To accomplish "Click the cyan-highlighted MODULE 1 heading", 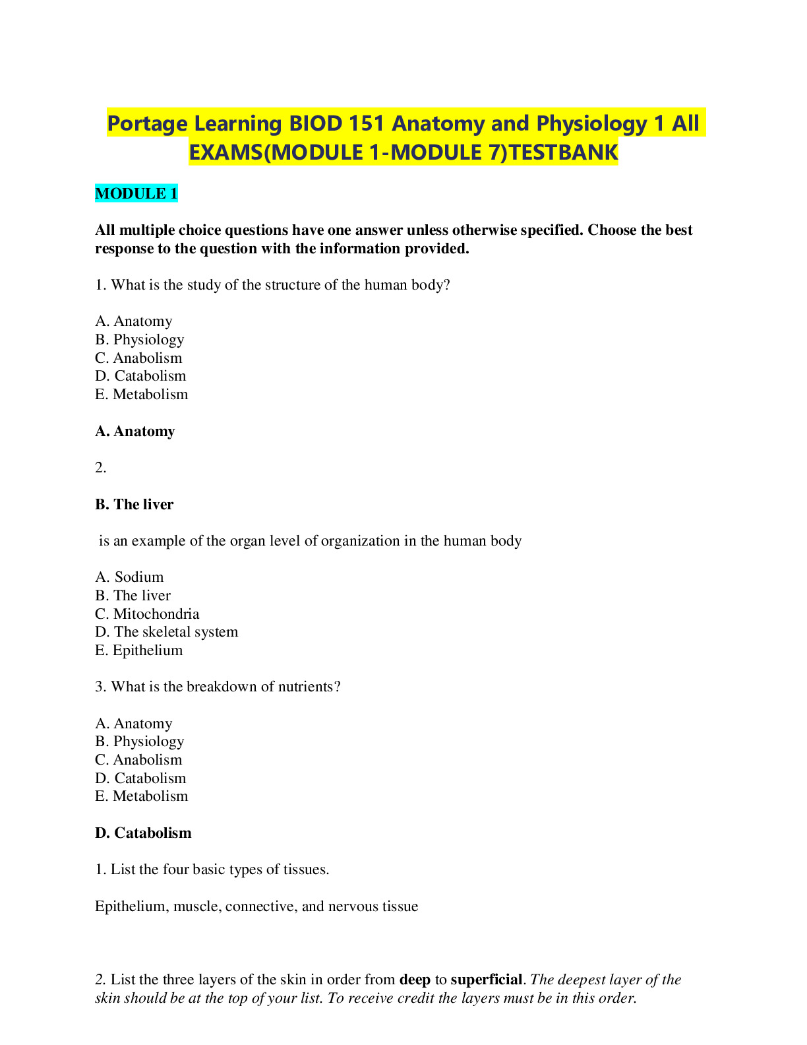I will tap(136, 194).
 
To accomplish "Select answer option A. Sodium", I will tap(129, 577).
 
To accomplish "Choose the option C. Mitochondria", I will tap(147, 614).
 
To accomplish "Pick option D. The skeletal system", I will tap(166, 632).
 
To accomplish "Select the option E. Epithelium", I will tap(138, 650).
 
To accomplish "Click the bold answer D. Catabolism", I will tap(143, 833).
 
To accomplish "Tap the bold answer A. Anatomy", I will tap(135, 431).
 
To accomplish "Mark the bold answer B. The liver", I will tap(134, 505).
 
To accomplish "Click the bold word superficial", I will tap(486, 980).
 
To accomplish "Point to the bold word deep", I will tap(415, 980).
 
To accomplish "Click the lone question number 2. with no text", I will tap(100, 468).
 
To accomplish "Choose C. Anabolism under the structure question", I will tap(138, 358).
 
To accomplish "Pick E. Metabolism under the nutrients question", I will tap(141, 796).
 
